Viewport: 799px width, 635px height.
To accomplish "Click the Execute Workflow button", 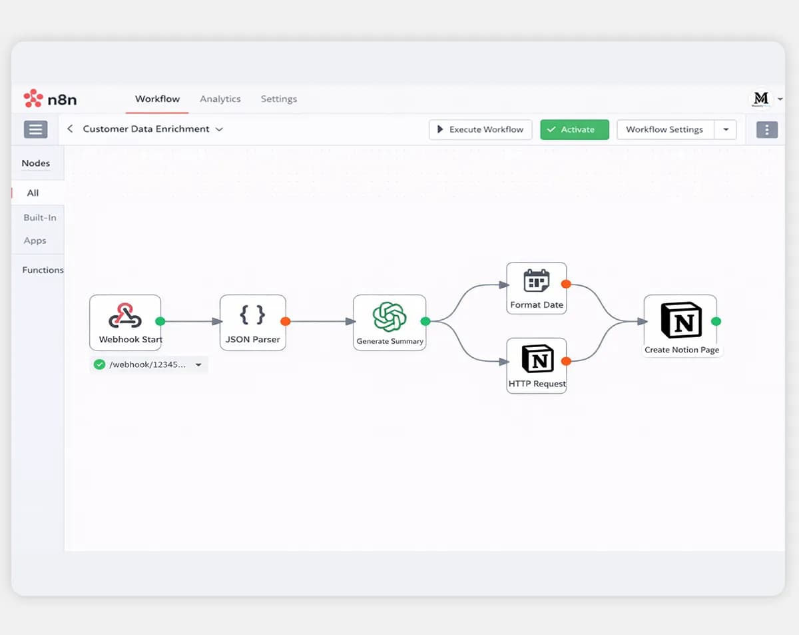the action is [481, 129].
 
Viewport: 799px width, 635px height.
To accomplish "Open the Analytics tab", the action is [220, 99].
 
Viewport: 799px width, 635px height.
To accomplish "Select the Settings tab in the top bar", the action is [279, 99].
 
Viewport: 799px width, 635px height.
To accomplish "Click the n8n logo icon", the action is [33, 98].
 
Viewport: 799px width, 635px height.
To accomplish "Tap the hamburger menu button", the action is [36, 129].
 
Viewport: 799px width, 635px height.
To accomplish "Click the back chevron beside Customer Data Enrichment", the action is [70, 129].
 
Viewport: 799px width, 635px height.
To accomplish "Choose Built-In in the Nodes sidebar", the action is [40, 217].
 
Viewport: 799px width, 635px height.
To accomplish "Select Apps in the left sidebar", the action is [35, 241].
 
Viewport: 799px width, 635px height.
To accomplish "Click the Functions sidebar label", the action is [43, 270].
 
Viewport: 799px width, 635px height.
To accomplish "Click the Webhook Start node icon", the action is [125, 315].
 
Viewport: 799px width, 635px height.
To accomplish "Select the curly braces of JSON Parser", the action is [252, 315].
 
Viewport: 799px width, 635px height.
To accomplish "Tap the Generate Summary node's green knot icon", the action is [390, 317].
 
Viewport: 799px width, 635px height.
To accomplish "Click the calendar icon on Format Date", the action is [537, 281].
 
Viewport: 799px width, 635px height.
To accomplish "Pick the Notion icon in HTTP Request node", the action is [537, 358].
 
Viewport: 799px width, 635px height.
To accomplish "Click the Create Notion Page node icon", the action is [681, 320].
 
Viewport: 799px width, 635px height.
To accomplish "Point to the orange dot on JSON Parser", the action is [286, 321].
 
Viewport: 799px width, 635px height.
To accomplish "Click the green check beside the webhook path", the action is [99, 364].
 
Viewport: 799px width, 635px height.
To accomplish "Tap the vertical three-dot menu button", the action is [767, 130].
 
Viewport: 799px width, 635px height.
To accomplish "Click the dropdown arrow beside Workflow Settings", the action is [726, 130].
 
